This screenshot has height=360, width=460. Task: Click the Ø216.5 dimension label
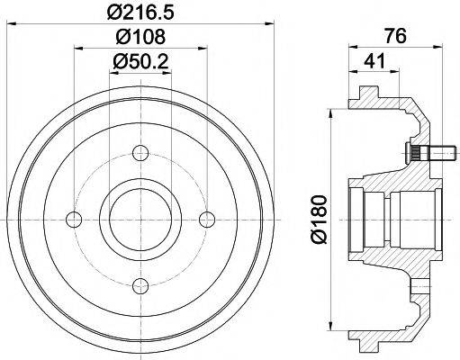pos(140,12)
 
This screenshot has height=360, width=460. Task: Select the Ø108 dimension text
pos(140,37)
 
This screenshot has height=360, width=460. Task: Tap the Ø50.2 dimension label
pos(140,61)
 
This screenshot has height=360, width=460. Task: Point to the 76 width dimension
pos(396,36)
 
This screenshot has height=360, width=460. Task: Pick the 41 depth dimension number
pos(374,61)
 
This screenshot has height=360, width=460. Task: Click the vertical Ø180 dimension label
pos(318,220)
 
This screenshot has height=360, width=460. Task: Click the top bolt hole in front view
pos(140,153)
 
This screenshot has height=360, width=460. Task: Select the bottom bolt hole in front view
pos(140,286)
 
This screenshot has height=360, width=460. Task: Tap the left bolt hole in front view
pos(74,220)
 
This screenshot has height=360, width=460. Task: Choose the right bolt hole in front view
pos(207,220)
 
